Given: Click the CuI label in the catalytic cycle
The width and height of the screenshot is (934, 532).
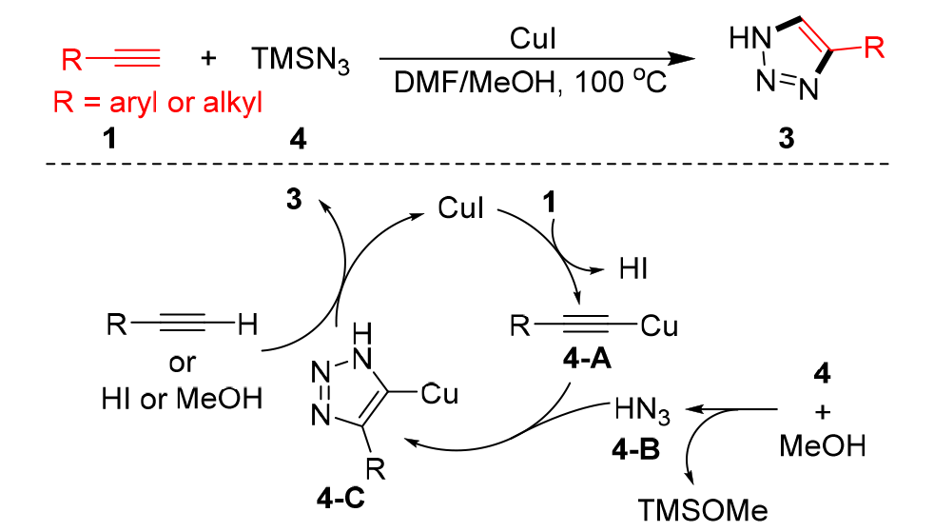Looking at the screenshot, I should (x=460, y=207).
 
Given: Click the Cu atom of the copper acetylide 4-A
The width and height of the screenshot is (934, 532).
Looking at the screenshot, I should (x=660, y=327).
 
